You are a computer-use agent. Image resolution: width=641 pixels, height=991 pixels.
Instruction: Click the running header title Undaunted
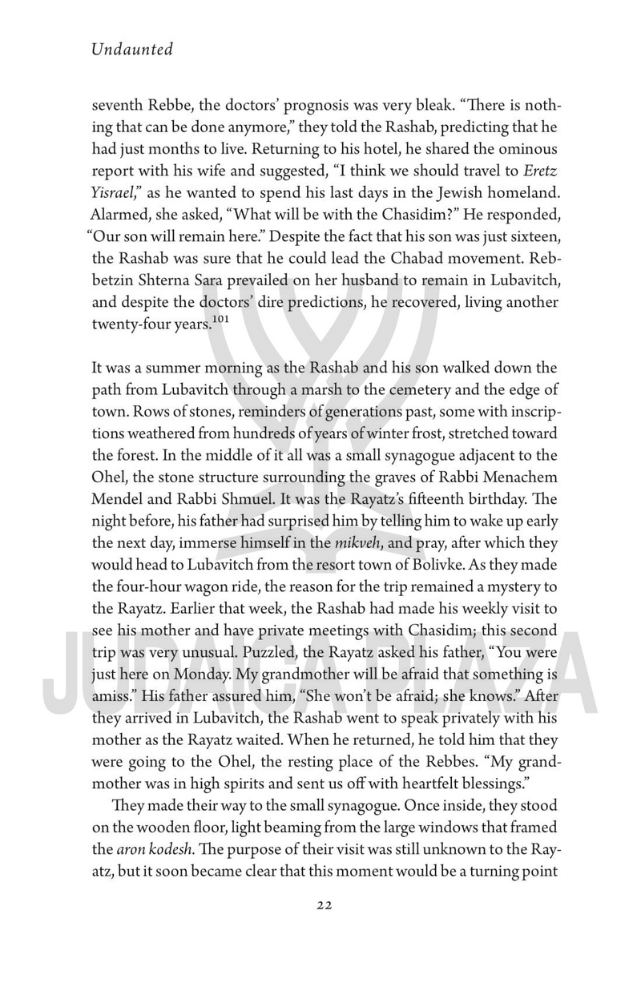(x=132, y=50)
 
